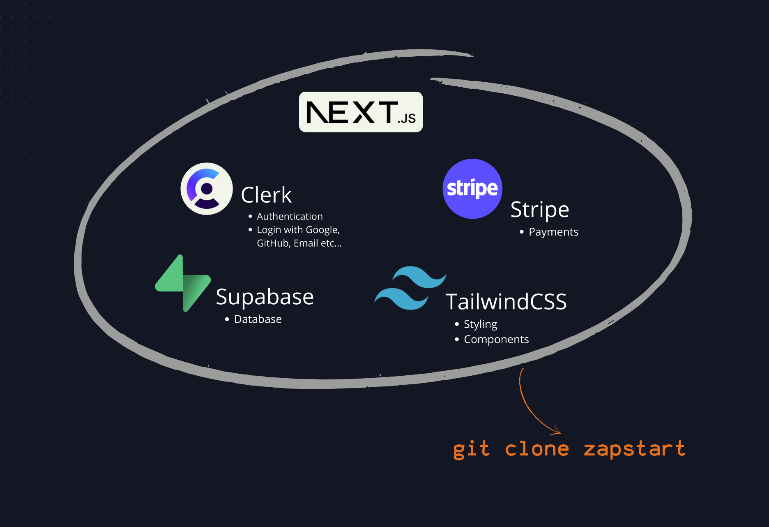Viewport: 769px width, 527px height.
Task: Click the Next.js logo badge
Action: click(x=361, y=112)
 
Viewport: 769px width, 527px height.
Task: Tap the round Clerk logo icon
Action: click(x=207, y=189)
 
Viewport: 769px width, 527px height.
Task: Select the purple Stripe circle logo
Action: click(x=472, y=189)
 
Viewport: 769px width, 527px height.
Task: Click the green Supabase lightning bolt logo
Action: click(x=183, y=283)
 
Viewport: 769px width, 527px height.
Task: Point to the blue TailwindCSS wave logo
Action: click(x=410, y=288)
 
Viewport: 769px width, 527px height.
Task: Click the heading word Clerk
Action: click(x=266, y=195)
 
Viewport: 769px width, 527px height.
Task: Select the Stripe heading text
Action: click(x=539, y=210)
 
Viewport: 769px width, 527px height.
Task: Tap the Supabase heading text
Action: click(x=265, y=297)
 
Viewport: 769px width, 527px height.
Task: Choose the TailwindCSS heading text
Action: click(x=506, y=302)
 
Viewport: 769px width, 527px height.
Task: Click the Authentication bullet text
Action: click(x=290, y=216)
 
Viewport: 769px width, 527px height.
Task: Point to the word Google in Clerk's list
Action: click(x=322, y=230)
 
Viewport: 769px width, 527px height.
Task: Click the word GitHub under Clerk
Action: click(x=273, y=243)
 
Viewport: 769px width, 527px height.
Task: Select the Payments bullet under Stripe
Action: click(x=553, y=232)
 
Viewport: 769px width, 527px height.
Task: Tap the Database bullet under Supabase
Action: click(x=258, y=319)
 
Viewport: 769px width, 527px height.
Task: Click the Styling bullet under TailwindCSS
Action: click(x=480, y=324)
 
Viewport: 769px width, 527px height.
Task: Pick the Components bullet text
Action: click(x=496, y=340)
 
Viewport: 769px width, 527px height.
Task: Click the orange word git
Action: click(x=471, y=449)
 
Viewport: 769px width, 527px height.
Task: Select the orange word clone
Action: click(x=537, y=449)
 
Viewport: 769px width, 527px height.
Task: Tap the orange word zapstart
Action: click(x=634, y=449)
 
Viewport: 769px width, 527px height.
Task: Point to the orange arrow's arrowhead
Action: click(x=558, y=432)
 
